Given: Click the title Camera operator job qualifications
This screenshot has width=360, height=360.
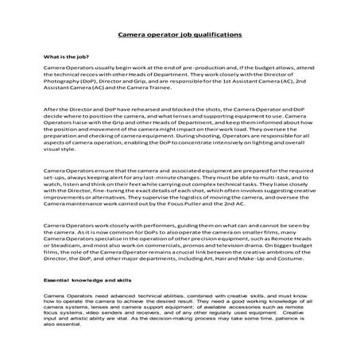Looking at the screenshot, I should [180, 36].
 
